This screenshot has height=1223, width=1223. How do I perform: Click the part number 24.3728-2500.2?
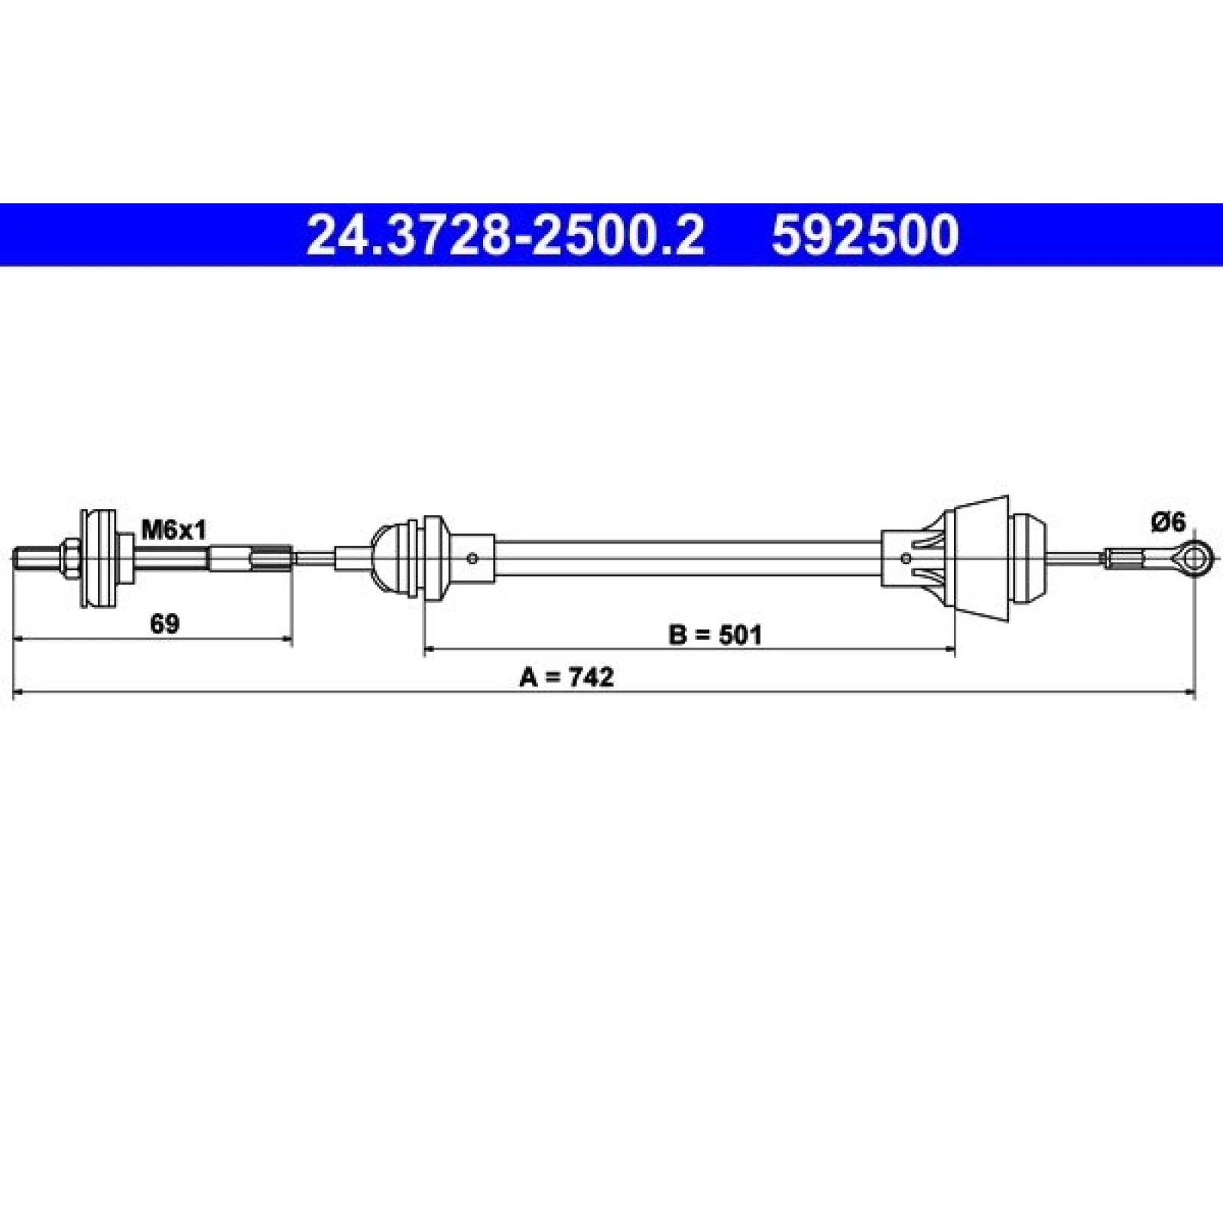(x=504, y=235)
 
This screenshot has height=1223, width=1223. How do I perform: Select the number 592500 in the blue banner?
(x=865, y=235)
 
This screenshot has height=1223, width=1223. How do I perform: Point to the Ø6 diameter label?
(x=1167, y=523)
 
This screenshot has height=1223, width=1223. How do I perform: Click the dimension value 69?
(x=164, y=624)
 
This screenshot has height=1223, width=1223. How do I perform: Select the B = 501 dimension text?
(x=715, y=634)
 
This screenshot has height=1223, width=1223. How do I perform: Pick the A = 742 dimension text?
(x=566, y=677)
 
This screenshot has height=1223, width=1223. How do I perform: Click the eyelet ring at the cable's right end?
(x=1195, y=558)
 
